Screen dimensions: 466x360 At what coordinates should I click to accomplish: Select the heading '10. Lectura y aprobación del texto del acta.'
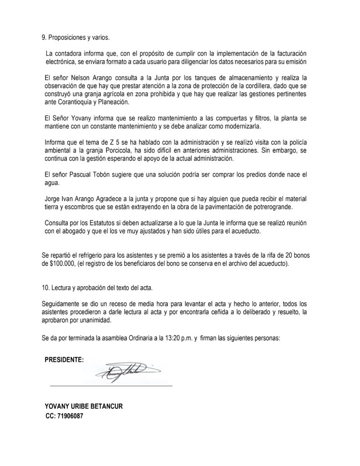pyautogui.click(x=97, y=288)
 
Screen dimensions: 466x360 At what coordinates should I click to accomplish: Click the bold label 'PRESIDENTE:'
pyautogui.click(x=64, y=360)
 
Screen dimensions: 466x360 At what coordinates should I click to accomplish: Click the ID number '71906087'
pyautogui.click(x=71, y=415)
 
